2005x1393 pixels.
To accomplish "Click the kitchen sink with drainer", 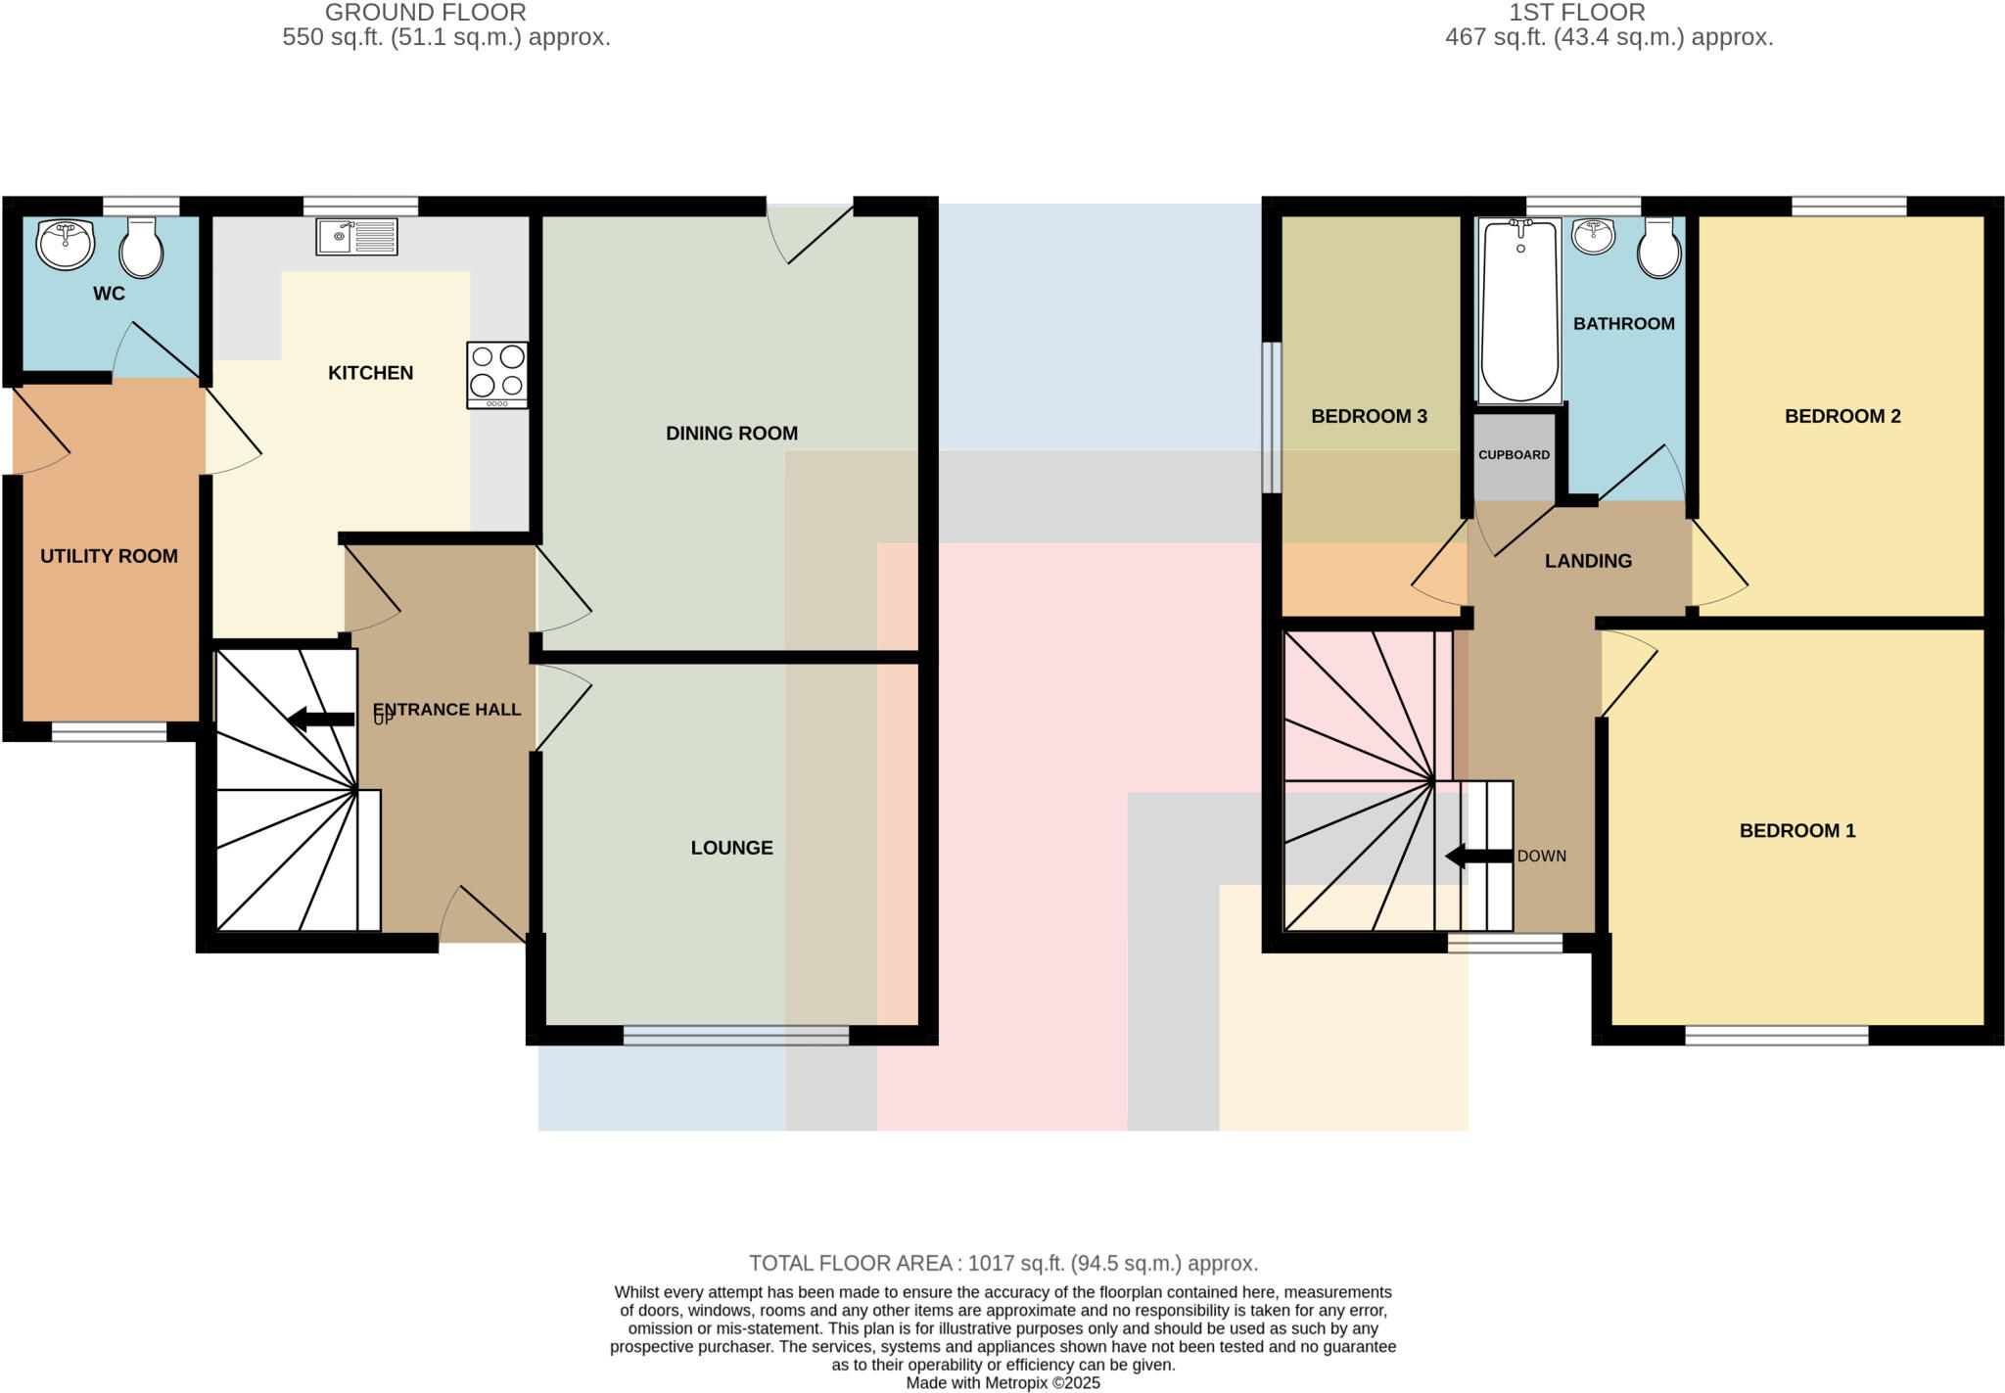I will click(x=356, y=237).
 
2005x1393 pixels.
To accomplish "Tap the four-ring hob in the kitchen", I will click(x=497, y=374).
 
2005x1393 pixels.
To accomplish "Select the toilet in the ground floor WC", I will click(x=141, y=248).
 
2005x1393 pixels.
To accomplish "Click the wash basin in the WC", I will click(x=66, y=243).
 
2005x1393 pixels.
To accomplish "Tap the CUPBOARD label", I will click(x=1514, y=455).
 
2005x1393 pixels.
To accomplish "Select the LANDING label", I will click(x=1588, y=561).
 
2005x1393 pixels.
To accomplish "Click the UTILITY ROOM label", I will click(x=109, y=556).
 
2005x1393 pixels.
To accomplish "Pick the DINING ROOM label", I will click(x=731, y=433).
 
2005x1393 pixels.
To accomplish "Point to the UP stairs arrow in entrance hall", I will click(x=321, y=720).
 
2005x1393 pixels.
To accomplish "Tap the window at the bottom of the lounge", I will click(x=735, y=1035).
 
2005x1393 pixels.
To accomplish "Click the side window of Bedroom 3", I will click(x=1271, y=417).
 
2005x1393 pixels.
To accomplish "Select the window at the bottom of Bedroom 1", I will click(x=1776, y=1035).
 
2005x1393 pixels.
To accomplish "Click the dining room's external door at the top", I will click(x=811, y=231).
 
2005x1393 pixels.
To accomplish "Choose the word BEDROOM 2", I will click(x=1842, y=416).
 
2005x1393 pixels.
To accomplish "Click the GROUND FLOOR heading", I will click(x=425, y=13).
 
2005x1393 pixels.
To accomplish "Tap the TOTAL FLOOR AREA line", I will click(x=1002, y=1263).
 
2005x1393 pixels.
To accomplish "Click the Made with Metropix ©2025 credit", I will click(x=1002, y=1383).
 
